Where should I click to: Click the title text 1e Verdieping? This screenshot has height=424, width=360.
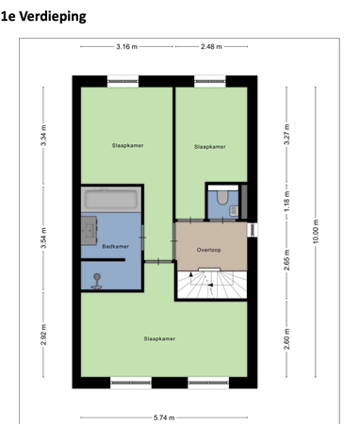(x=43, y=17)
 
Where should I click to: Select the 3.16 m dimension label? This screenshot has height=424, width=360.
(x=127, y=46)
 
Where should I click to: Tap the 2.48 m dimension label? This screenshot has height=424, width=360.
(x=213, y=46)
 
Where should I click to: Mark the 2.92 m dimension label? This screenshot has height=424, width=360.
(x=43, y=335)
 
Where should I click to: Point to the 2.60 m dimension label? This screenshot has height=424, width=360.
(x=286, y=337)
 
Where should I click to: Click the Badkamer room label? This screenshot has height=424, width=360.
(x=114, y=246)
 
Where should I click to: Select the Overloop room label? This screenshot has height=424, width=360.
(x=208, y=250)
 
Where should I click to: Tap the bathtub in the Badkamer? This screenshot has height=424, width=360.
(x=111, y=200)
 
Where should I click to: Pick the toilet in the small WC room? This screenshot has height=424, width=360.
(x=219, y=197)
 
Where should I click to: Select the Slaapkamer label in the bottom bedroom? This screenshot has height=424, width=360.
(x=159, y=338)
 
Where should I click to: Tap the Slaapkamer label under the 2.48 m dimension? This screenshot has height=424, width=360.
(x=209, y=147)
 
